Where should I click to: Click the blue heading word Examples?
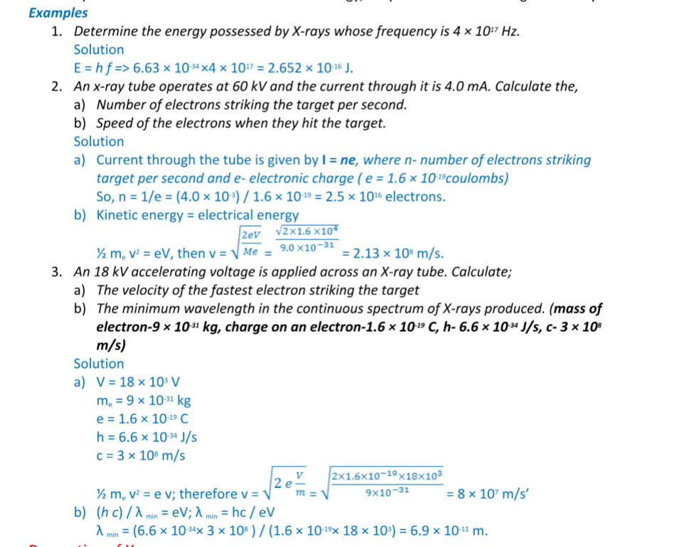[58, 13]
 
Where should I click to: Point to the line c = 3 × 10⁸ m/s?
[142, 455]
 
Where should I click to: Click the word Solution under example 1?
[99, 50]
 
